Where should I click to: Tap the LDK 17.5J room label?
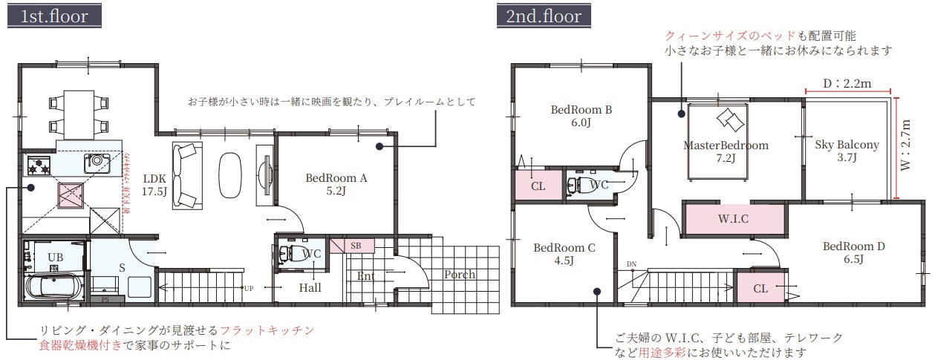pos(154,185)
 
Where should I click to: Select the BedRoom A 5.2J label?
pos(336,185)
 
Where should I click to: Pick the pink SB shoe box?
pos(354,246)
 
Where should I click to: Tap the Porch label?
pos(459,275)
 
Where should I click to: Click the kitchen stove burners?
pos(39,165)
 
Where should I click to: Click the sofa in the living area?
pos(186,176)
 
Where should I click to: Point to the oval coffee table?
pos(231,175)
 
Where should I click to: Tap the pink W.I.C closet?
pos(732,220)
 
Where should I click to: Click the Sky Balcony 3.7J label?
pos(847,151)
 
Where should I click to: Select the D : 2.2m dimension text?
pos(847,84)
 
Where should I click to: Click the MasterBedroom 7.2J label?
pos(725,151)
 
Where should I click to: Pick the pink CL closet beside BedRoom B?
pos(538,186)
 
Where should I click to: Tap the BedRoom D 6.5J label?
pos(853,252)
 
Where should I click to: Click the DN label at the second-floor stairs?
pos(631,264)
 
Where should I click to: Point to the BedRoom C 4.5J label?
pos(564,254)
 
